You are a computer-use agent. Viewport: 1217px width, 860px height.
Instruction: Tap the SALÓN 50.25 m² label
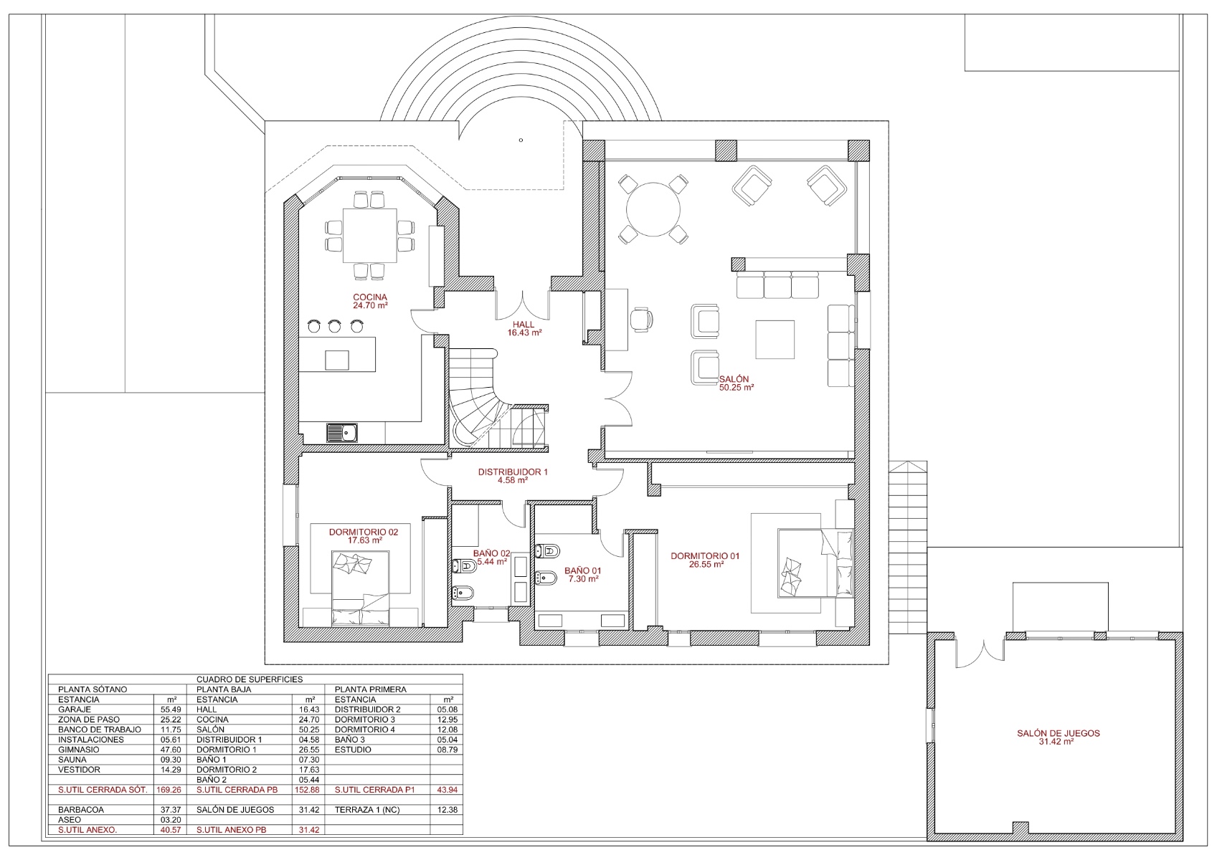(x=737, y=383)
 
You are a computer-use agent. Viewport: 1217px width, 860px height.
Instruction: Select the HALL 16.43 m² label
(x=524, y=328)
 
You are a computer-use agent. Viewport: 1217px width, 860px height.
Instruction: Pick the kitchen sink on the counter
(x=342, y=433)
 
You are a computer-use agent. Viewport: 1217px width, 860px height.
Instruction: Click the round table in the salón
(x=653, y=209)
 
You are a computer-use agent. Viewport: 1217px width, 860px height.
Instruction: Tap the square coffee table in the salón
(x=775, y=339)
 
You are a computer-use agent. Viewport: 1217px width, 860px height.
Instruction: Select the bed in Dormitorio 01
(x=815, y=563)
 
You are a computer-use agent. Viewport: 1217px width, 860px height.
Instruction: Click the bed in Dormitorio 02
(x=360, y=588)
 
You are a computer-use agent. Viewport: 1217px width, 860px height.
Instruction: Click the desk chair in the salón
(x=642, y=319)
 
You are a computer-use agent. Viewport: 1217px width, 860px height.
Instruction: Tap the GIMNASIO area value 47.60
(x=171, y=750)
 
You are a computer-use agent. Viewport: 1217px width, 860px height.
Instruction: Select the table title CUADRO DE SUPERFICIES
(x=250, y=679)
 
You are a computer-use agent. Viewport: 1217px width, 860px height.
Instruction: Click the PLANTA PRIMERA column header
(x=371, y=689)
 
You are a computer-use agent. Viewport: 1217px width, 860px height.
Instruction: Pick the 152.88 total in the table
(x=309, y=790)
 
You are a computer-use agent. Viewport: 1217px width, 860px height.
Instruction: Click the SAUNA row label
(x=72, y=760)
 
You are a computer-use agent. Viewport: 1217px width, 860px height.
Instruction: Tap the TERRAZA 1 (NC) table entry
(x=367, y=810)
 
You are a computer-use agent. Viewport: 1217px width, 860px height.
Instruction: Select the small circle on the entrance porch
(x=521, y=140)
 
